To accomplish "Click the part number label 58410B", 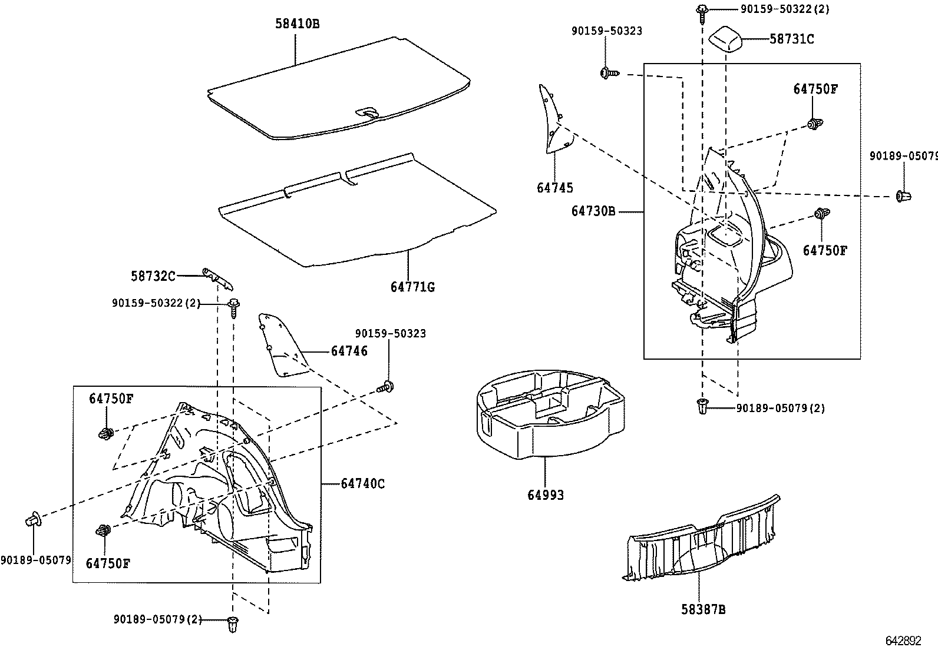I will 298,24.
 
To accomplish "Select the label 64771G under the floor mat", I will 412,287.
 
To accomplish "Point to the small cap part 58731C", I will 725,41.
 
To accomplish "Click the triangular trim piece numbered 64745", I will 554,121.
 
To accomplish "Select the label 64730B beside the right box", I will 593,210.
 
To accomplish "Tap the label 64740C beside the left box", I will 362,483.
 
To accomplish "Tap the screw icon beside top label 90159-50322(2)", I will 702,11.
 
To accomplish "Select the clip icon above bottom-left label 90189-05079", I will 34,520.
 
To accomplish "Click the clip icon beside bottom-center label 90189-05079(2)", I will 233,623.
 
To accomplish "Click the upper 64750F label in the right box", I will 815,89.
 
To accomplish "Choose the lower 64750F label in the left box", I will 108,563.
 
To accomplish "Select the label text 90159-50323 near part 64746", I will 390,333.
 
